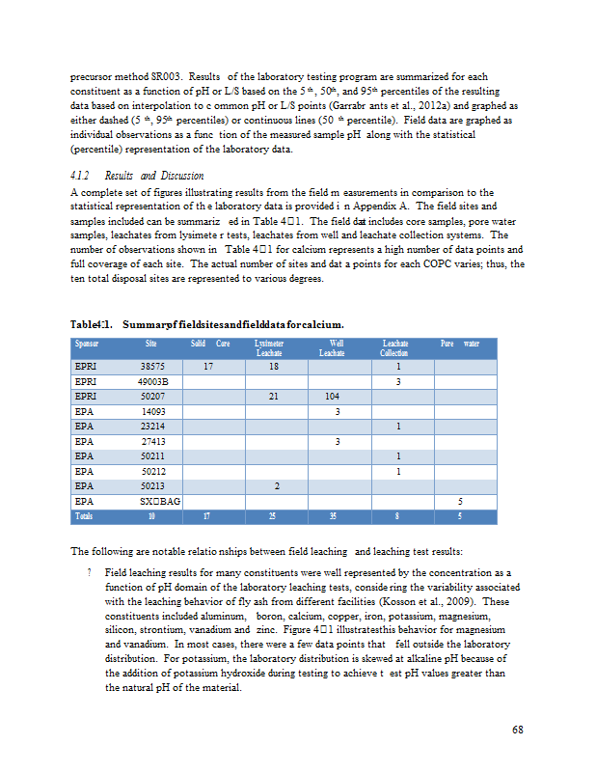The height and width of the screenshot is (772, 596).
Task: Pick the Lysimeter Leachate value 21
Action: click(274, 396)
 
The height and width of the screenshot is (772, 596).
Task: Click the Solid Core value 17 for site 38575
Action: click(208, 367)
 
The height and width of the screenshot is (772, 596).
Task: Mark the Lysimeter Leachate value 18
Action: click(274, 367)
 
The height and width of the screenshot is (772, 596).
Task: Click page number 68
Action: click(518, 729)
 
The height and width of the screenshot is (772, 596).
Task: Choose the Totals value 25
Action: click(274, 516)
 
